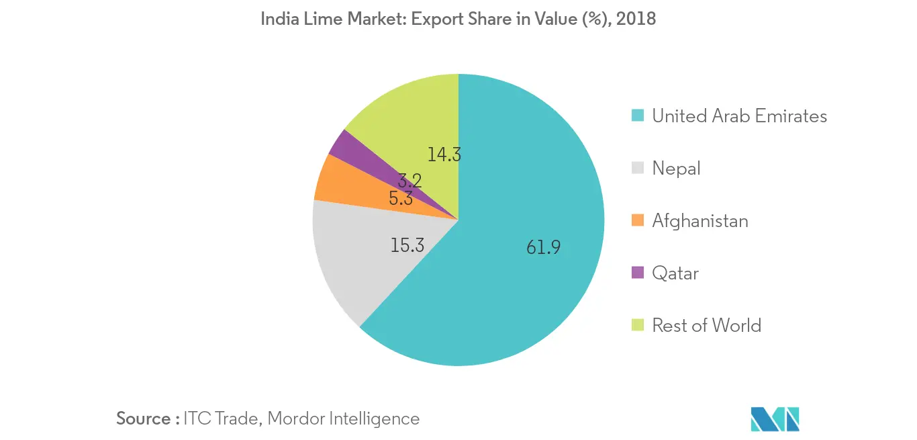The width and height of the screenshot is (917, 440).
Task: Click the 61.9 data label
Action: [543, 248]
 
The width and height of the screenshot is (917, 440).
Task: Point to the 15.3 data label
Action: [407, 245]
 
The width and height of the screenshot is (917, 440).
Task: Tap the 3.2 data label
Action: [410, 180]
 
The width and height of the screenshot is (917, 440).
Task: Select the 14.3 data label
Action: [444, 155]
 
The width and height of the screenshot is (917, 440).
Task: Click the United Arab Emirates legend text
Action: [739, 116]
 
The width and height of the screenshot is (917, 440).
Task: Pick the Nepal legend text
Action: [676, 169]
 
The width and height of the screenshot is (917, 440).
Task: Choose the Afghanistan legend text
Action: [699, 220]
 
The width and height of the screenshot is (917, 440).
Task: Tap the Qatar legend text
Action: [675, 273]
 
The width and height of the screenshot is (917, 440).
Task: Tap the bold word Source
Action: [144, 419]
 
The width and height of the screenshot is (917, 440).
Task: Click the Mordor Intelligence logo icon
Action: [775, 419]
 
